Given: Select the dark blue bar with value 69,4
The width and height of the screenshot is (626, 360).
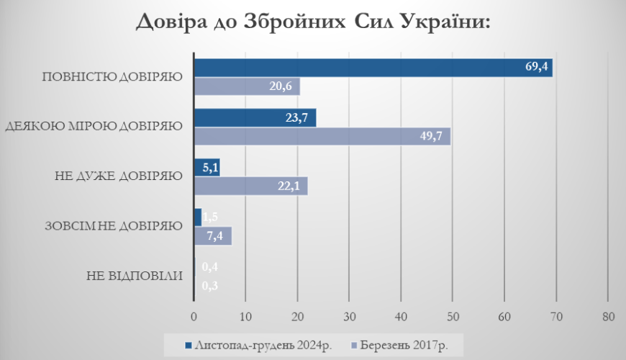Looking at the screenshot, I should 373,68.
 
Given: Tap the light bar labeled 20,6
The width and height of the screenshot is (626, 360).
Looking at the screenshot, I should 247,86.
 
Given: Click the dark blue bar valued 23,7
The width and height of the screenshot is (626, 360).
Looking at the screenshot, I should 255,118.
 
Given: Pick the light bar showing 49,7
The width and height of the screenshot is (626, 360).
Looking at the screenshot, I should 322,137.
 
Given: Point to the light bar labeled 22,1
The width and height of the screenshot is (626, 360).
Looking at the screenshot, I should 250,186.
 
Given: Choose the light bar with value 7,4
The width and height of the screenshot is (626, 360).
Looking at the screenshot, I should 213,236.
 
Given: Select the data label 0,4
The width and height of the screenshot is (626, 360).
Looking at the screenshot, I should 210,267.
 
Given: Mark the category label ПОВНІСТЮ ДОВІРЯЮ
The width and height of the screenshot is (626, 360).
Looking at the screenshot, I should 112,77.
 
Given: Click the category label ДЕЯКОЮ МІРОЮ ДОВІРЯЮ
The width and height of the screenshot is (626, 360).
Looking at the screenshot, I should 94,127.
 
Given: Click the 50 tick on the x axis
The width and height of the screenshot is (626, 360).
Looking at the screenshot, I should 453,317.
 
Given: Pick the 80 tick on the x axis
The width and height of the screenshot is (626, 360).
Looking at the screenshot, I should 608,317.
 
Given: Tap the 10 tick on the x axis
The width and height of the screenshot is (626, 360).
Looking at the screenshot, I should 245,317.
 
